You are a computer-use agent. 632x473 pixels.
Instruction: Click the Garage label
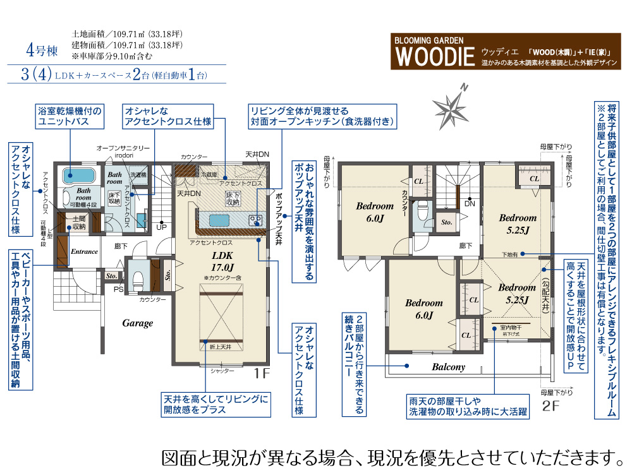pos(138,323)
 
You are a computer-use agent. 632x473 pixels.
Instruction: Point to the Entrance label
pos(84,251)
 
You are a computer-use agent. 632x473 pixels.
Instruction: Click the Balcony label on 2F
pos(448,367)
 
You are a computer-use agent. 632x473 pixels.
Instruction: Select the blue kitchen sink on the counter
pos(219,219)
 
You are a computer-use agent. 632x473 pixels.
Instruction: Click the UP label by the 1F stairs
pos(162,227)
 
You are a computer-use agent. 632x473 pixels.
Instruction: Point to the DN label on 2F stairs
pos(470,204)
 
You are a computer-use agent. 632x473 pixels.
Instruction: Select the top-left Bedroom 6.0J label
pos(374,212)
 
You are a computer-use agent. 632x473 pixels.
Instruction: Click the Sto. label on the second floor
pos(446,222)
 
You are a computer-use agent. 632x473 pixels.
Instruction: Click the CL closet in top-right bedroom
pos(534,179)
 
